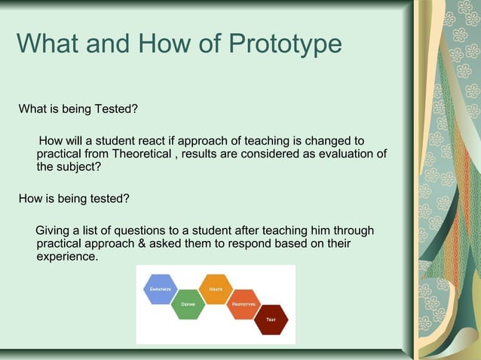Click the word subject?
tap(80, 167)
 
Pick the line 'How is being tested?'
tap(74, 199)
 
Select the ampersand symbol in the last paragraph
tap(168, 244)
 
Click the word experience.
tap(67, 257)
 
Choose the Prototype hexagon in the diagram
tap(242, 304)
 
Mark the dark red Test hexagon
tap(269, 319)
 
